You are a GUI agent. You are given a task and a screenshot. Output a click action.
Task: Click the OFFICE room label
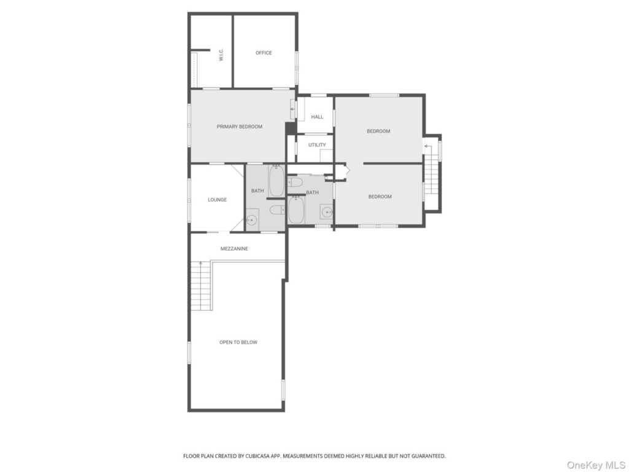click(x=264, y=53)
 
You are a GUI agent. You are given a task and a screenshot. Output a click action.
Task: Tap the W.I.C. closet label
click(x=221, y=55)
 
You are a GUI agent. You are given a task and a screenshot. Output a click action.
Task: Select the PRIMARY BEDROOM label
click(x=240, y=127)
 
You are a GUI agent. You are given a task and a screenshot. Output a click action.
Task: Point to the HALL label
click(x=317, y=117)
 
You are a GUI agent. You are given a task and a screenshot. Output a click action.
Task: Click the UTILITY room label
click(x=317, y=145)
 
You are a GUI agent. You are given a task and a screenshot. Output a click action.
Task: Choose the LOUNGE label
click(x=217, y=200)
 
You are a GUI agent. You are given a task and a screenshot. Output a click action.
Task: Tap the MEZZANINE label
click(x=234, y=249)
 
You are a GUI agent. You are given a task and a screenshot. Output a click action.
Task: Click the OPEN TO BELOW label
click(x=238, y=342)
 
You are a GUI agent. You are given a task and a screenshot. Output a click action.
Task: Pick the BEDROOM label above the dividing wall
click(x=378, y=131)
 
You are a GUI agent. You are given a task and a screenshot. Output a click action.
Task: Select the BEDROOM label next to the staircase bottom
click(x=380, y=197)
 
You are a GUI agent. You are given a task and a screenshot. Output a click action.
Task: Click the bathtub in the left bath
click(x=276, y=181)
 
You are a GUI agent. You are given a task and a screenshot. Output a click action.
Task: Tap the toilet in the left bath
click(x=277, y=210)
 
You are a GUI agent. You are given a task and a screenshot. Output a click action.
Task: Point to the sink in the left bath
click(x=251, y=220)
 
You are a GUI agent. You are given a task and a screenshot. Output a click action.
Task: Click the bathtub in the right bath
click(x=296, y=210)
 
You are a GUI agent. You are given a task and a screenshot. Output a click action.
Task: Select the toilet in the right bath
click(x=295, y=182)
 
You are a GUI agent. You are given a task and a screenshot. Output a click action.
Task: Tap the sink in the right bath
click(x=327, y=211)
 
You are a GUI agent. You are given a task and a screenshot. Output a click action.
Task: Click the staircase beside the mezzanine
click(x=201, y=285)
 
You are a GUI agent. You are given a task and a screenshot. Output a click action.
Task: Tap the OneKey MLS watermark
click(x=596, y=465)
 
